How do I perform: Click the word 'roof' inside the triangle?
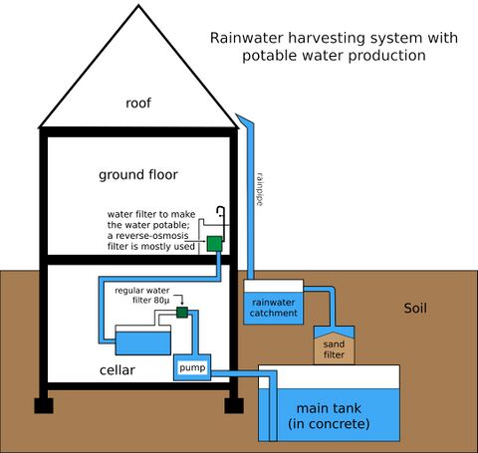pyautogui.click(x=138, y=103)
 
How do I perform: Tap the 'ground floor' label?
pyautogui.click(x=138, y=174)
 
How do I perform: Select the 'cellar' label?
pyautogui.click(x=118, y=369)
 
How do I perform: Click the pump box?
pyautogui.click(x=192, y=367)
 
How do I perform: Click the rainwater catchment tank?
pyautogui.click(x=274, y=302)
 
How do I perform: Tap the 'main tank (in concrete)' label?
pyautogui.click(x=329, y=416)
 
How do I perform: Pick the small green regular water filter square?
pyautogui.click(x=182, y=313)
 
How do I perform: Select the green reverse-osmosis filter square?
pyautogui.click(x=214, y=244)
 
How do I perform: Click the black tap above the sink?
pyautogui.click(x=221, y=212)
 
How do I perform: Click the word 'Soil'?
pyautogui.click(x=415, y=309)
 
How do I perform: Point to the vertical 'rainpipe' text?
pyautogui.click(x=260, y=189)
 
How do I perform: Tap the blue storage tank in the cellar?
pyautogui.click(x=143, y=340)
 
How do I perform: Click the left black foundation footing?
pyautogui.click(x=44, y=405)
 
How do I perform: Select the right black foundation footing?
pyautogui.click(x=234, y=405)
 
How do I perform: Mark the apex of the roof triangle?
pyautogui.click(x=138, y=5)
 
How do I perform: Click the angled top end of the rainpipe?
pyautogui.click(x=242, y=117)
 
